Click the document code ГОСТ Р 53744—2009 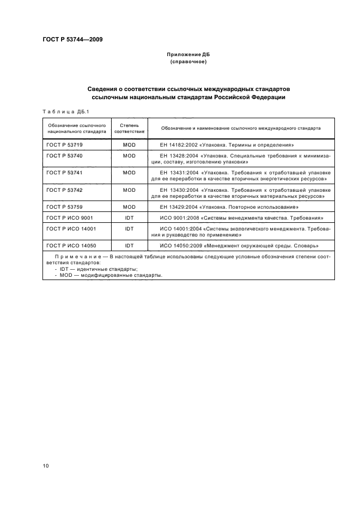[x=72, y=40]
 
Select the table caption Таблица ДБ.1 [x=65, y=111]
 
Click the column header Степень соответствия [x=129, y=128]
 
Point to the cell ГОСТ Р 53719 [x=64, y=145]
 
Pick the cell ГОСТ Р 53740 [x=64, y=155]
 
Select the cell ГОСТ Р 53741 [x=64, y=172]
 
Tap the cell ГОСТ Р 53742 [x=64, y=190]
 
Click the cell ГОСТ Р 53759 [x=64, y=207]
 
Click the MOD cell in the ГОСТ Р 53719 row [x=129, y=145]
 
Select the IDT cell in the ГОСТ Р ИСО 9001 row [x=129, y=217]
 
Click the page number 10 [x=46, y=465]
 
